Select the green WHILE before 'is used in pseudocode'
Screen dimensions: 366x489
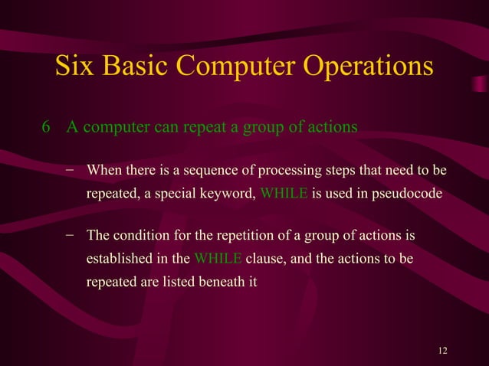pyautogui.click(x=284, y=194)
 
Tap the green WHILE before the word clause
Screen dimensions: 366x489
pyautogui.click(x=218, y=259)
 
